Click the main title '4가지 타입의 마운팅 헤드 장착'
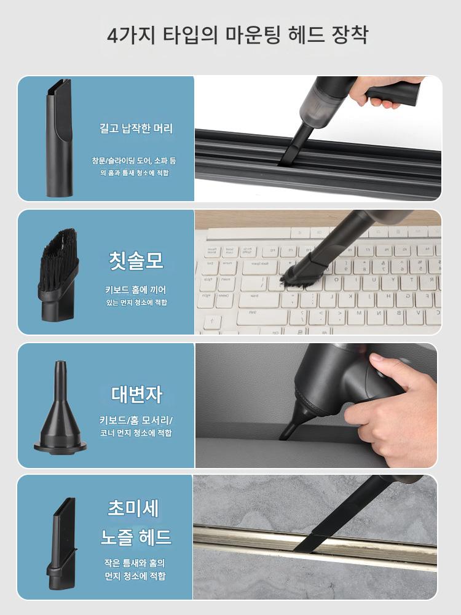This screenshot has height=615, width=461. tap(237, 35)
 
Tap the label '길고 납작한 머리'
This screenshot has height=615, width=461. tap(136, 129)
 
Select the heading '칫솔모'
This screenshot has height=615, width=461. tap(136, 260)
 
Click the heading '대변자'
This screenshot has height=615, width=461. tap(136, 394)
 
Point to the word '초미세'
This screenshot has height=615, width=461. tap(133, 509)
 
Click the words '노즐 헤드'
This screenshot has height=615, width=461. tap(136, 536)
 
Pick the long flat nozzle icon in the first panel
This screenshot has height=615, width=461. tap(60, 138)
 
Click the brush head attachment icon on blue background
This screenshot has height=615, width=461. tap(58, 275)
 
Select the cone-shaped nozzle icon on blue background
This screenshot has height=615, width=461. tap(60, 408)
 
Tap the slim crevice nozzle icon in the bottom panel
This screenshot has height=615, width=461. tap(61, 543)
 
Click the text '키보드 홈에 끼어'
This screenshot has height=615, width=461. tap(136, 290)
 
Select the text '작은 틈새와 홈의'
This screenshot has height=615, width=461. tap(135, 563)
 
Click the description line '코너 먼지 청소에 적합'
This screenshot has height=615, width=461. tap(136, 432)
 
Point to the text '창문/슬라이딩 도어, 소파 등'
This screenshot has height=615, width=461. tap(134, 161)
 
